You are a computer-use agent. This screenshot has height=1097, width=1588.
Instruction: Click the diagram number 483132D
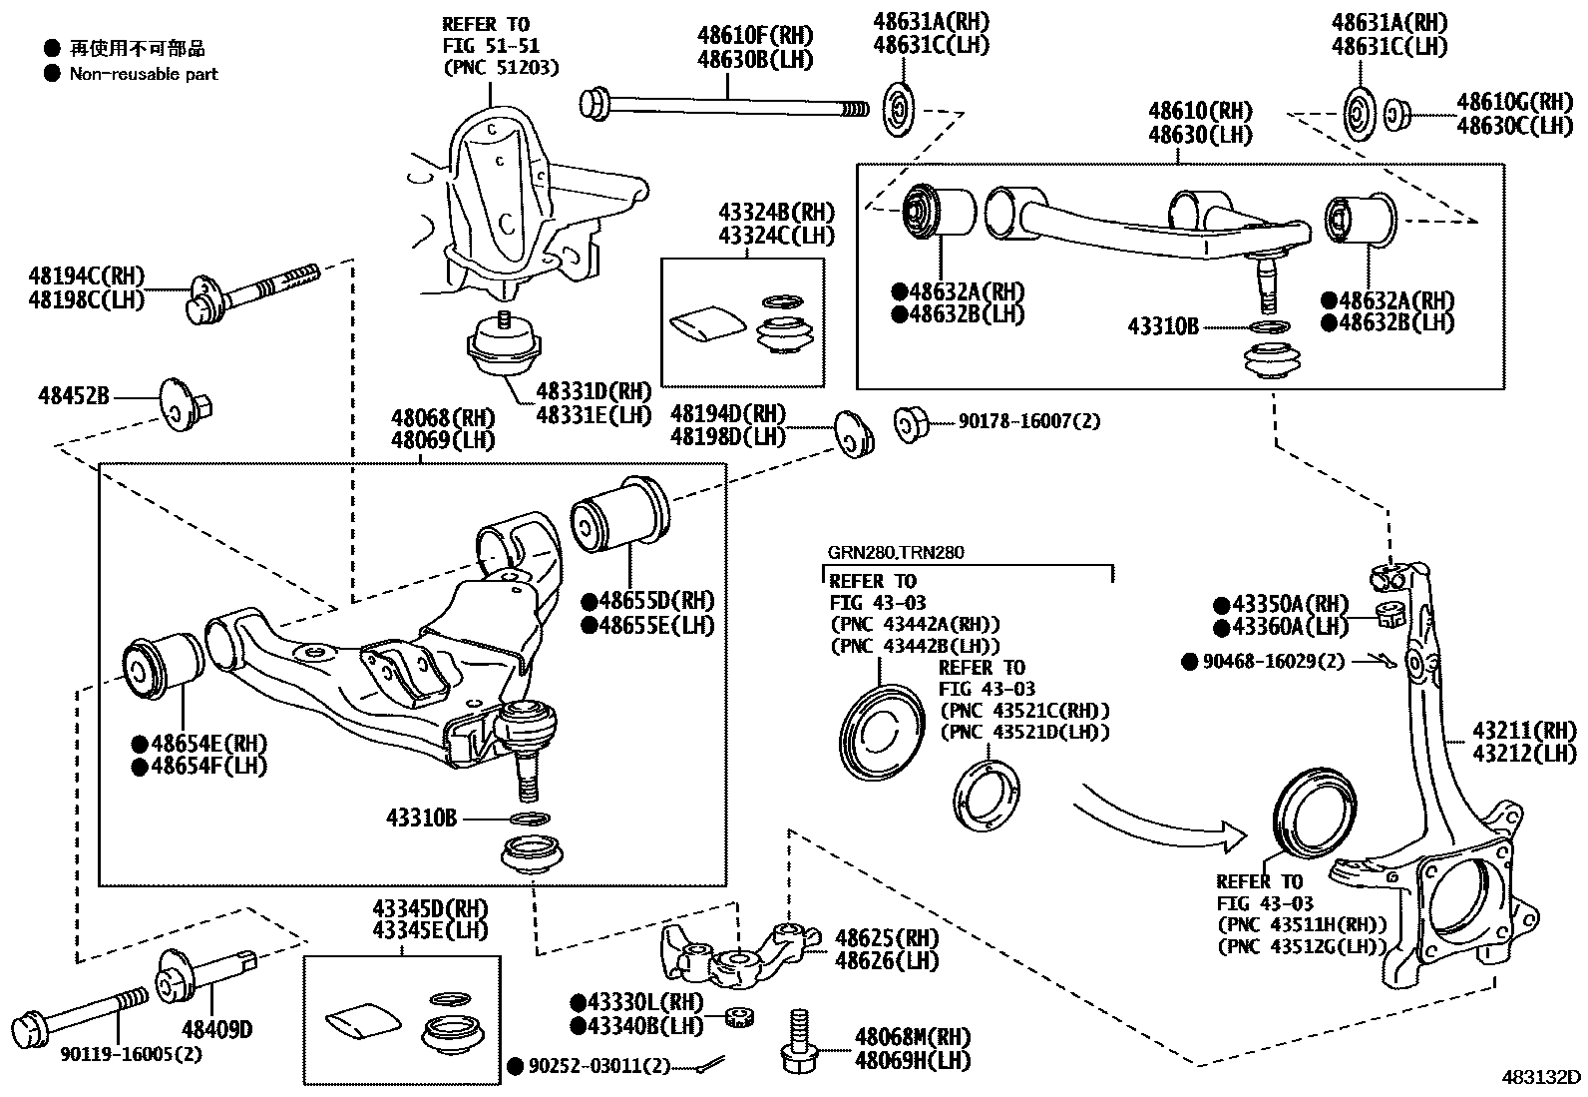pyautogui.click(x=1542, y=1077)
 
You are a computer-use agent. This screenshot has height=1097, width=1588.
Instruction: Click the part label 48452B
pyautogui.click(x=74, y=396)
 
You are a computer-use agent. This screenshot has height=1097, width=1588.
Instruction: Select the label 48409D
pyautogui.click(x=216, y=1028)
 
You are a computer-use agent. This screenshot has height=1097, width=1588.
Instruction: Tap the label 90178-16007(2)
pyautogui.click(x=1029, y=422)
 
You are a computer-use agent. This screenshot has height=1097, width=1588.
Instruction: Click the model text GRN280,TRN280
pyautogui.click(x=895, y=552)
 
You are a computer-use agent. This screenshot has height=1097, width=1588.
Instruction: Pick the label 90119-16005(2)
pyautogui.click(x=131, y=1054)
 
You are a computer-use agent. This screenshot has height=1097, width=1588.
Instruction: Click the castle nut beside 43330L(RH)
pyautogui.click(x=738, y=1019)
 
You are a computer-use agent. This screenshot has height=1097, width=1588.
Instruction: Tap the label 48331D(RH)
pyautogui.click(x=594, y=390)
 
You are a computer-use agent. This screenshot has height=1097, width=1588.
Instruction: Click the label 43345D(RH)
pyautogui.click(x=430, y=909)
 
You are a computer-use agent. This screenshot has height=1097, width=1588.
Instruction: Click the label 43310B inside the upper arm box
pyautogui.click(x=1163, y=325)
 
